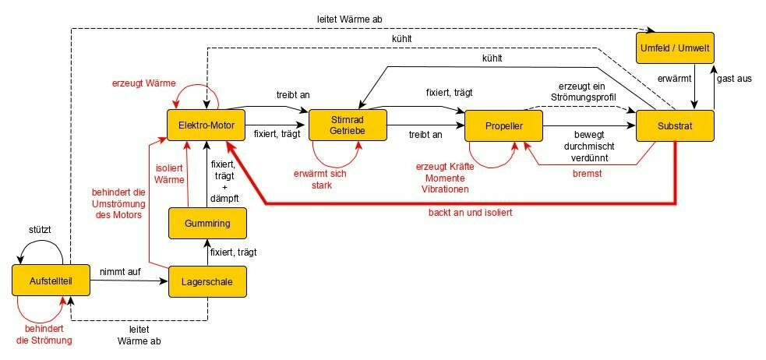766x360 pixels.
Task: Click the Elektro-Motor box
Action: point(207,125)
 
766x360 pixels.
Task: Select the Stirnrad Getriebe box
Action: point(348,125)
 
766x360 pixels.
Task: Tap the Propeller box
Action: point(503,125)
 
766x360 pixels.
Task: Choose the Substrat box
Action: point(675,125)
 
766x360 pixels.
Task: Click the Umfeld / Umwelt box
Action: point(675,48)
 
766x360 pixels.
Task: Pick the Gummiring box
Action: point(207,224)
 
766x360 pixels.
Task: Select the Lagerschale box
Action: point(207,281)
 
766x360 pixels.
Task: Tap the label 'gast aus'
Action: point(734,79)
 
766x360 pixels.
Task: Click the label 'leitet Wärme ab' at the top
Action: point(350,19)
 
